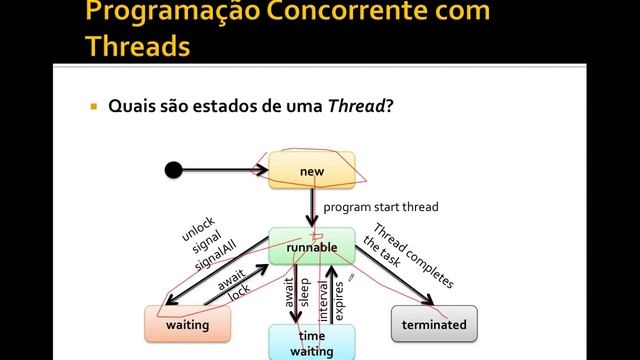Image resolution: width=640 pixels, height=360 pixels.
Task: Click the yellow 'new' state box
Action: coord(312,170)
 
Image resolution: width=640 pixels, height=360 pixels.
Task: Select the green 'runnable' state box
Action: coord(311,246)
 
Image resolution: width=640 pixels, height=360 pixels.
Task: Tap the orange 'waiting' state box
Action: coord(187,324)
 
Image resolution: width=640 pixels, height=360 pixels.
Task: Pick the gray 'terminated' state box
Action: coord(434,324)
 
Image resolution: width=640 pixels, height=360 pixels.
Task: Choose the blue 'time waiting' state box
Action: coord(312,342)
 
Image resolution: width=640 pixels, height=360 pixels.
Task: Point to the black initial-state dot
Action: coord(174,169)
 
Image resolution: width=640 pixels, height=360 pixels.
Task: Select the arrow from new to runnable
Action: coord(312,207)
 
